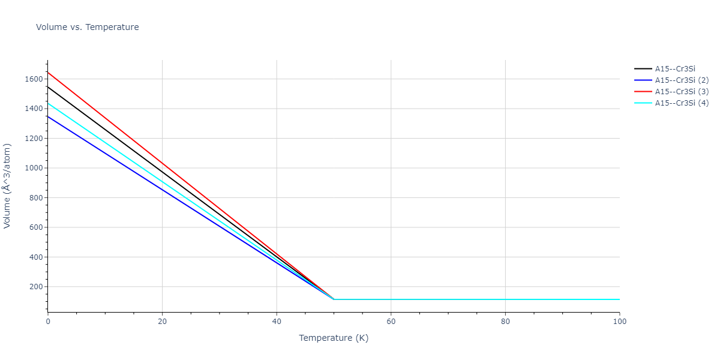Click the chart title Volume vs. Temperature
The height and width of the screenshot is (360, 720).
tap(88, 27)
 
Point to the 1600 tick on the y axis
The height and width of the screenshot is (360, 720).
tap(33, 79)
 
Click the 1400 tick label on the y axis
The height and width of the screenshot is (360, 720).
tap(33, 109)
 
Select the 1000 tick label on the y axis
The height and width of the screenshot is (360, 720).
tap(33, 168)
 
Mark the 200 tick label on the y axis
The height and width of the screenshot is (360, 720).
tap(35, 287)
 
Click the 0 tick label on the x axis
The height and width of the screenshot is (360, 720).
tap(48, 322)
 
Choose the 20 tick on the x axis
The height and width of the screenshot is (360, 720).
tap(162, 322)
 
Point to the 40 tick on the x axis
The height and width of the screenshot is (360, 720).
tap(277, 322)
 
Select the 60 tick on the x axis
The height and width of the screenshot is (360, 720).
tap(391, 322)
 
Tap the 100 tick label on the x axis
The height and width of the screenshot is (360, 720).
tap(620, 322)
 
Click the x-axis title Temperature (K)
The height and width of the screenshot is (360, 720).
tap(334, 338)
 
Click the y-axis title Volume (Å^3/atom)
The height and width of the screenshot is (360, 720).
tap(8, 185)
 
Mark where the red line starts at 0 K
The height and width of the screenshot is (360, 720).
tap(48, 73)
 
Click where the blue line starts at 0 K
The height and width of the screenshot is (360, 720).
tap(48, 116)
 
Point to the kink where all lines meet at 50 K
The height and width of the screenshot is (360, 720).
tap(334, 299)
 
